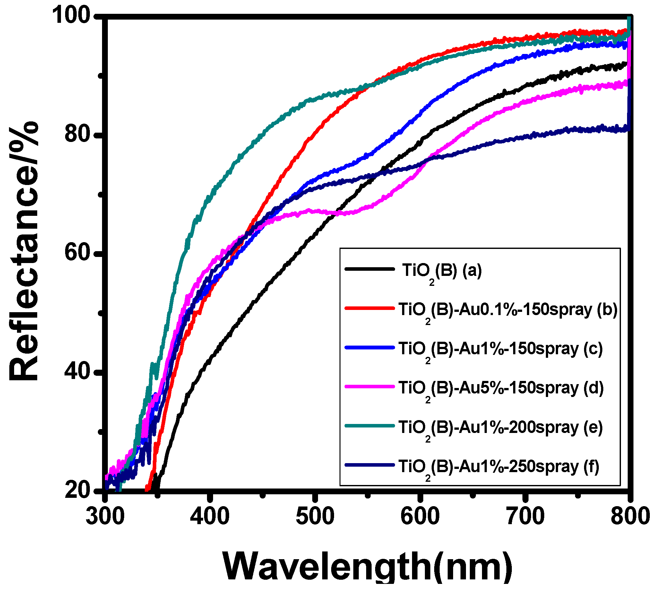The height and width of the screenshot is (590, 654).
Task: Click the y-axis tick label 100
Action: [x=72, y=15]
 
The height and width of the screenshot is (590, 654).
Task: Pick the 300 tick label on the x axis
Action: [x=105, y=516]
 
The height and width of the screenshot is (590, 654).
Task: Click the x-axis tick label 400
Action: [x=210, y=516]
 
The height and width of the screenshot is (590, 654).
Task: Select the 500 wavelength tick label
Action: [x=315, y=516]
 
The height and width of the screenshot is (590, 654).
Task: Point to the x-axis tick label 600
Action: [x=420, y=516]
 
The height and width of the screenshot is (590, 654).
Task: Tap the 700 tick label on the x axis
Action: [x=525, y=516]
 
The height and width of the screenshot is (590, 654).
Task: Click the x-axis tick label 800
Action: [x=630, y=516]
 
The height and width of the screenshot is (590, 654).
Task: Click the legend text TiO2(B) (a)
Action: [x=442, y=271]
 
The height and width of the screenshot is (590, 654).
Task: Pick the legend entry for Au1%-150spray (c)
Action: [x=501, y=349]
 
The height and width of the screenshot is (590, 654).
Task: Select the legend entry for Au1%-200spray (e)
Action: [x=501, y=428]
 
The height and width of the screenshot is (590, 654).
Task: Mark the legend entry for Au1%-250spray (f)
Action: [x=499, y=467]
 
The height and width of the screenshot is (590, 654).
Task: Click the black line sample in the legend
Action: [x=369, y=269]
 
